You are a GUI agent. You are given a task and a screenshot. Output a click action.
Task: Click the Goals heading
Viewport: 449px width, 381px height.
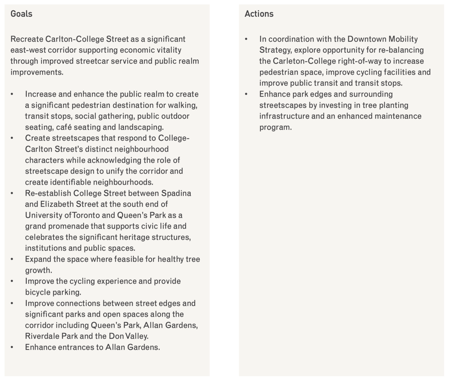point(21,14)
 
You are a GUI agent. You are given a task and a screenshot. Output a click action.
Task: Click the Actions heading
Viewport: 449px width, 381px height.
point(259,14)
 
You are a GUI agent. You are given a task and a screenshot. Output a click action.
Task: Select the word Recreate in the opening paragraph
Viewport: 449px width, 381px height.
point(27,39)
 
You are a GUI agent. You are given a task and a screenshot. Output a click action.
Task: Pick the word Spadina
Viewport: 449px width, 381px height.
point(176,193)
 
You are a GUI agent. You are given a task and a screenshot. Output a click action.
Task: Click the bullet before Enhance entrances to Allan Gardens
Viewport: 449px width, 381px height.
point(12,347)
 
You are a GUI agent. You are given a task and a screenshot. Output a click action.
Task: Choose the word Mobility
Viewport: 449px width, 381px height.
point(403,39)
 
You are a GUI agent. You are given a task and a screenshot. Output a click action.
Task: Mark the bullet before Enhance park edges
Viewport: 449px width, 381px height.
point(246,94)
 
